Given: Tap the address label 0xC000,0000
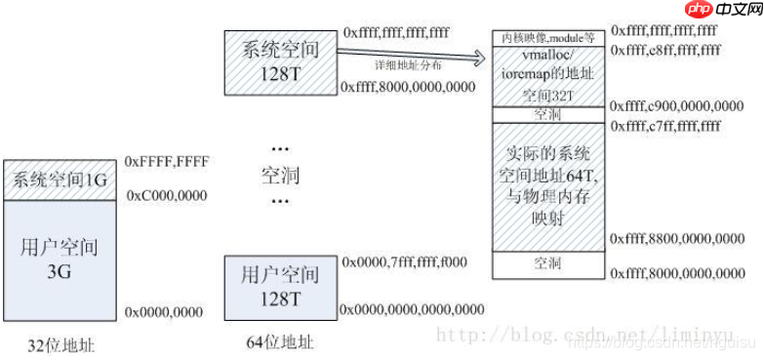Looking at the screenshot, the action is tap(167, 196).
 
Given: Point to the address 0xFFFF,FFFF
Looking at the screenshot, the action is tap(167, 163).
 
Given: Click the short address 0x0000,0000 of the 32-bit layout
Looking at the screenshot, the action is tap(164, 312).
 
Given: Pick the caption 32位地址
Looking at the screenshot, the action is tap(62, 343).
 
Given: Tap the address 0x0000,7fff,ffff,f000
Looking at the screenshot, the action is tap(404, 261).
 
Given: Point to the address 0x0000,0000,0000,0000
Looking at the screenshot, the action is tap(412, 309).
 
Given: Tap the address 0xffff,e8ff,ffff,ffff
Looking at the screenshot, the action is tap(665, 50).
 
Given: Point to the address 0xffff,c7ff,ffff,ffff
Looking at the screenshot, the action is tap(665, 126).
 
